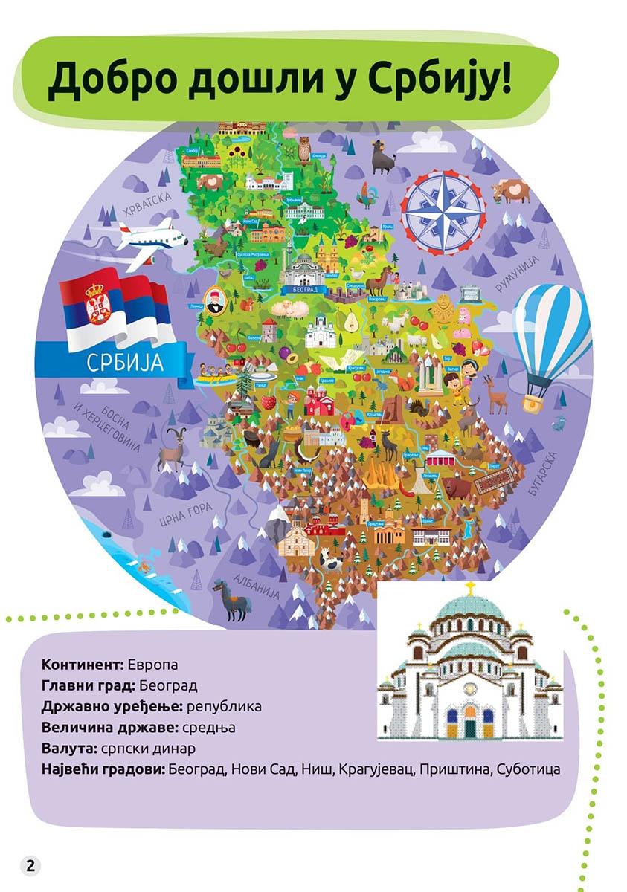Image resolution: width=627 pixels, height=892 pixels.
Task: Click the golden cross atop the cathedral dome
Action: [469, 588]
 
